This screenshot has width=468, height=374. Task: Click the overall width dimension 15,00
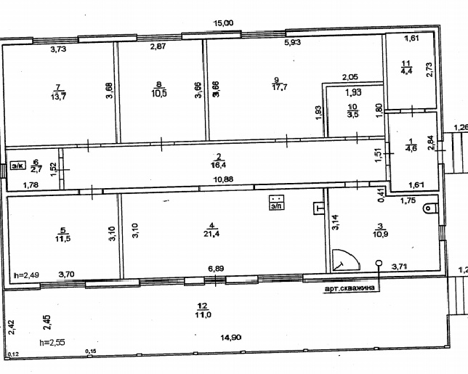point(224,23)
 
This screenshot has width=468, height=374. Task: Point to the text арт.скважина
point(350,288)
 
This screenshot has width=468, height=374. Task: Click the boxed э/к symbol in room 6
point(18,166)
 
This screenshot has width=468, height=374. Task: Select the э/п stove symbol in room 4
point(276,202)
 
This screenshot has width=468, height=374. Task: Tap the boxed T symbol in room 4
point(319,208)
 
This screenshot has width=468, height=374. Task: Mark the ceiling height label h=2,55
point(52,342)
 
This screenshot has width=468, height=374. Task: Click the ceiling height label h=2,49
point(27,275)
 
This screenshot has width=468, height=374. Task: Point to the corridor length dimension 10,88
point(223,179)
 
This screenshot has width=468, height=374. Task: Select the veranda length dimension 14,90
point(231,337)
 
